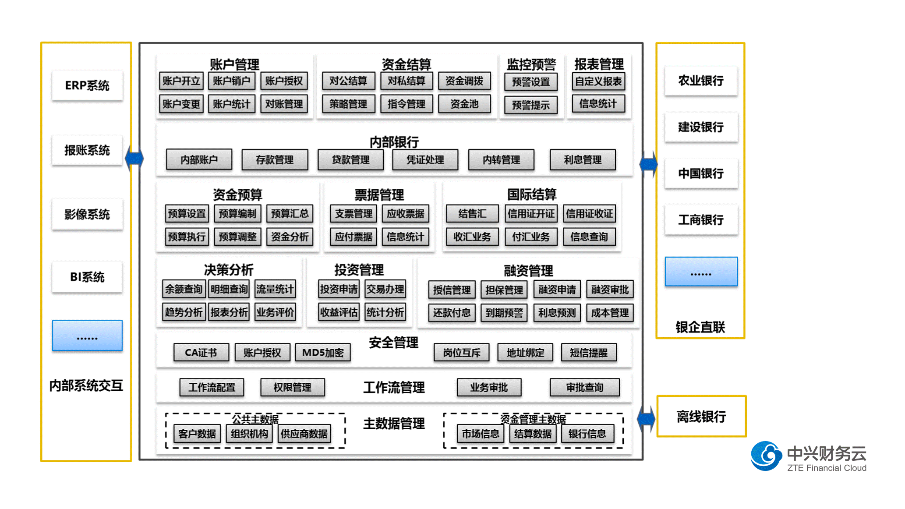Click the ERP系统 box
click(x=87, y=85)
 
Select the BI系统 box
click(x=87, y=277)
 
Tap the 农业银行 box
click(x=701, y=81)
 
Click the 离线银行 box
click(x=701, y=416)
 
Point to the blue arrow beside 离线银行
click(x=646, y=418)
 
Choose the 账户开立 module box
click(x=181, y=81)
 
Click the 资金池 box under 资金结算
click(x=464, y=104)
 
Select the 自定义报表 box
click(x=598, y=81)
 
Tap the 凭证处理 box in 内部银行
click(x=425, y=160)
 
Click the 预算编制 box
click(x=237, y=214)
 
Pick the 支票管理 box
click(x=354, y=214)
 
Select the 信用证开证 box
click(x=531, y=214)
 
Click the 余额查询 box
click(x=184, y=289)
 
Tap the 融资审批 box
click(x=610, y=290)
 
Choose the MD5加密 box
click(x=323, y=353)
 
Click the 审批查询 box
click(x=585, y=387)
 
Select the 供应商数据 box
click(x=304, y=434)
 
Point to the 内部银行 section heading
click(x=394, y=142)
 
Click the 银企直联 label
click(x=700, y=327)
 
